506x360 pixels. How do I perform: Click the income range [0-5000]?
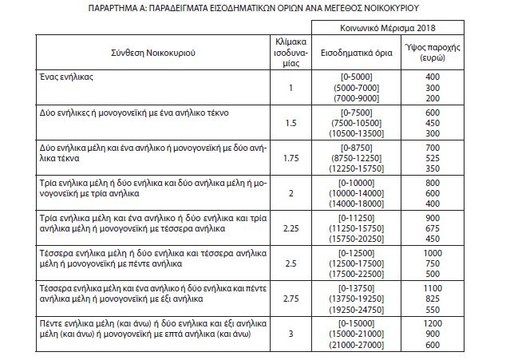tap(354, 75)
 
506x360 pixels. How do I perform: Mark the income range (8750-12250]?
tap(354, 159)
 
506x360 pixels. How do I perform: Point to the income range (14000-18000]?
tap(354, 204)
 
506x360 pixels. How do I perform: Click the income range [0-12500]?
tap(354, 251)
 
